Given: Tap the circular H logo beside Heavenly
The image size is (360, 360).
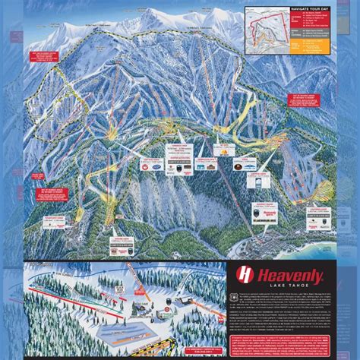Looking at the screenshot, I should (x=245, y=275).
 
